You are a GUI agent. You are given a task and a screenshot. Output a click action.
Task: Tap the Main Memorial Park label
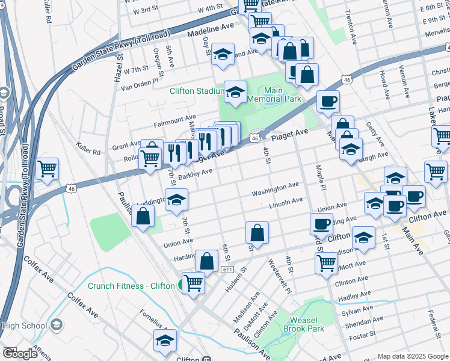[x=274, y=94]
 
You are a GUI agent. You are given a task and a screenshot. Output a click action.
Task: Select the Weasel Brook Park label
[x=307, y=324]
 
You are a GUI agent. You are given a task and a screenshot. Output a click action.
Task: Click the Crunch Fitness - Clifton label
[x=132, y=286]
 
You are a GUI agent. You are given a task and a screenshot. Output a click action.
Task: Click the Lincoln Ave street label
[x=286, y=202]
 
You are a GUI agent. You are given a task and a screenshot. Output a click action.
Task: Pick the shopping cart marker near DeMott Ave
[x=326, y=262]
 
